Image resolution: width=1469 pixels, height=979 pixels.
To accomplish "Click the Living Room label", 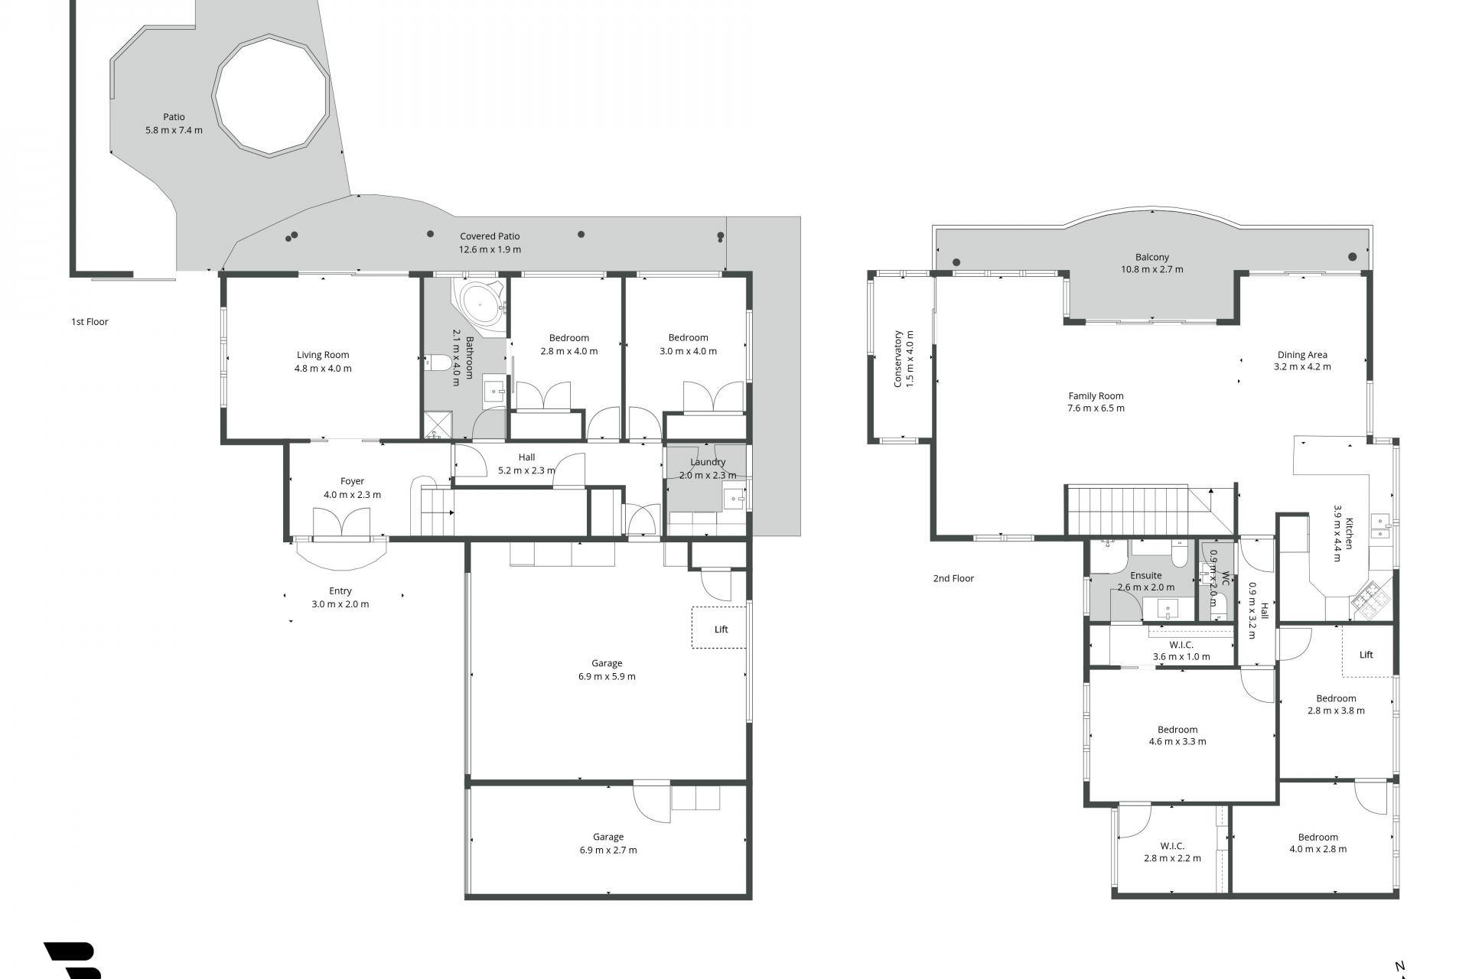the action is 323,355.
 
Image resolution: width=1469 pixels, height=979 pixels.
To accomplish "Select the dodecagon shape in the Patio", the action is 271,96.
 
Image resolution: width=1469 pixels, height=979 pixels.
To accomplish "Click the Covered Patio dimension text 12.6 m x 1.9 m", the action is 490,249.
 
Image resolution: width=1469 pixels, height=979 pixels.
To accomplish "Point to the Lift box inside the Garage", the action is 719,628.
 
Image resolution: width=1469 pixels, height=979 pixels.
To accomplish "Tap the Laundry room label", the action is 708,462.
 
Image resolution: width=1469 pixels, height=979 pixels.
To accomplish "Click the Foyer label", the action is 352,481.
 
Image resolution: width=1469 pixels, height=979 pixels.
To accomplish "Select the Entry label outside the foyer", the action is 340,590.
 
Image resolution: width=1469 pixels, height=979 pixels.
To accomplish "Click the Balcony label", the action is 1152,257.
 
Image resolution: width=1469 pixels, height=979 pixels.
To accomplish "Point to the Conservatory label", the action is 898,359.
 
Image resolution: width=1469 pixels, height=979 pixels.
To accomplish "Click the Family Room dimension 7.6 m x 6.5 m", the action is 1096,408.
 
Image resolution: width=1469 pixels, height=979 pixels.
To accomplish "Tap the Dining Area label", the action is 1302,355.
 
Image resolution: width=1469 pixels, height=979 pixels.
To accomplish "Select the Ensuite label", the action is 1146,575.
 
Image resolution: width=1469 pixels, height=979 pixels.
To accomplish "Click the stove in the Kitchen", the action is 1370,597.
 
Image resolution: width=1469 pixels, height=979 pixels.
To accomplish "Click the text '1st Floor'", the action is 90,322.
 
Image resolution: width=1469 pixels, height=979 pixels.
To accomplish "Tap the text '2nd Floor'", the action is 953,578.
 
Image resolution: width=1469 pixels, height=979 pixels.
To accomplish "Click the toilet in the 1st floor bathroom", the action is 438,362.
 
